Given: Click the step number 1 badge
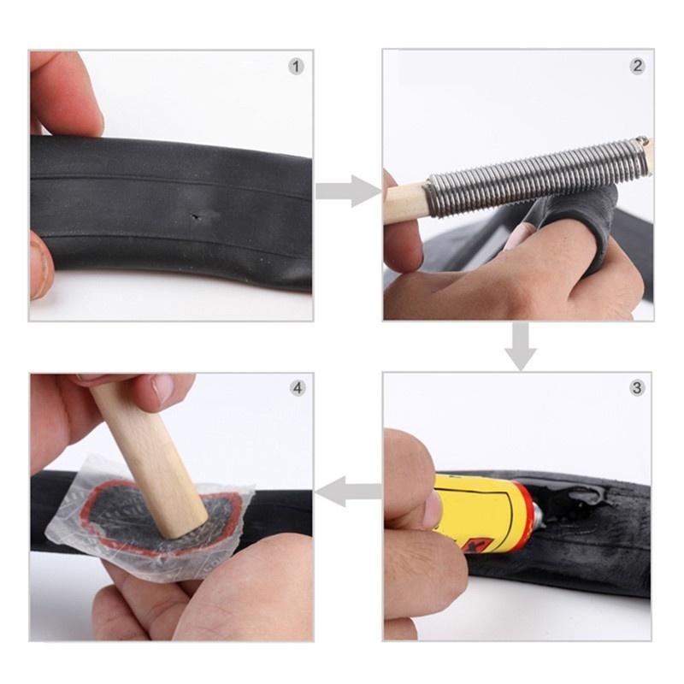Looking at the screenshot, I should pos(296,66).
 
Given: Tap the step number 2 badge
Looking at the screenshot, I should pos(637,66).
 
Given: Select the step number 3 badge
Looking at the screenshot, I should pos(637,387).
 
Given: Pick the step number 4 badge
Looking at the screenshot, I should pos(297,387).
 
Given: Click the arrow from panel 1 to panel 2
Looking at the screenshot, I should pos(347,190).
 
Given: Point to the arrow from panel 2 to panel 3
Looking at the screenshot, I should pos(520,345).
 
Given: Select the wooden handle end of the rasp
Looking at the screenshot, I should pos(407,202).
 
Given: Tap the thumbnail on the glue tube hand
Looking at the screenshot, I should pos(433,508).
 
